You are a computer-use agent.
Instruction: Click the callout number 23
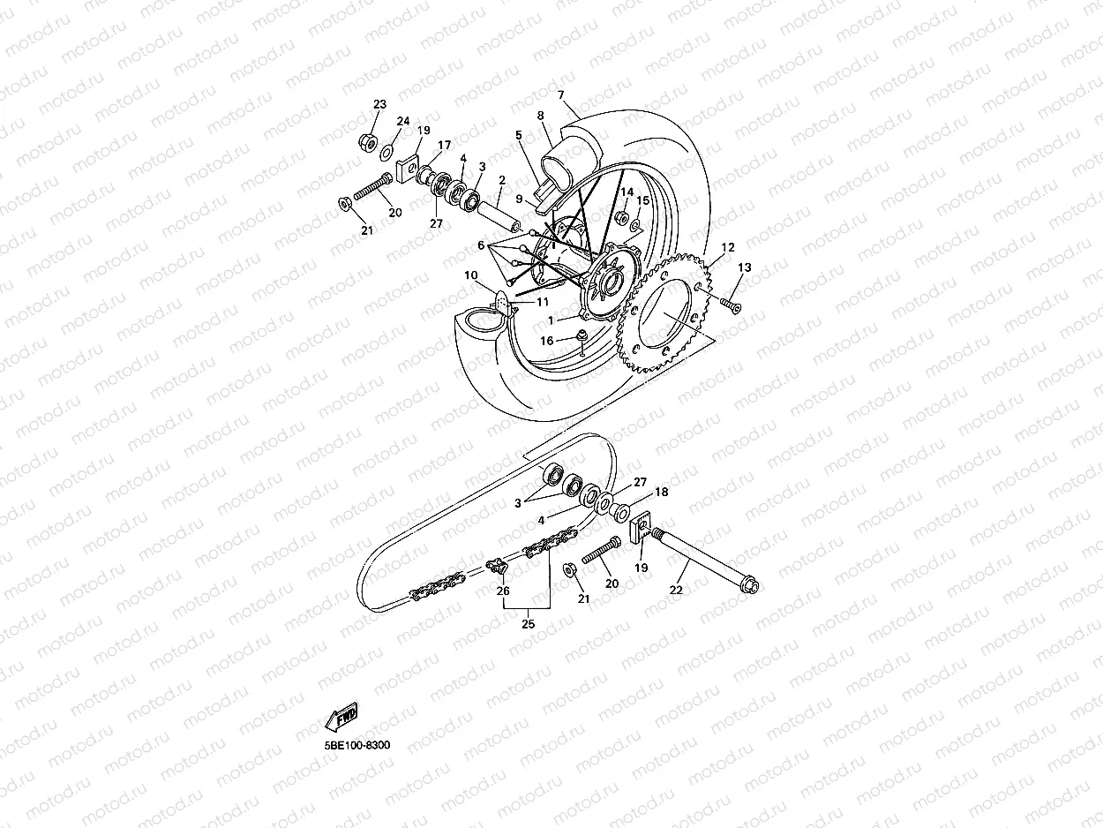(379, 104)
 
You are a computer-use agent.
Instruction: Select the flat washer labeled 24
(387, 154)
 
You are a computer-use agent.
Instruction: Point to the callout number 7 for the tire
(560, 94)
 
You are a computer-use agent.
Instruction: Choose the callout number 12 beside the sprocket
(728, 247)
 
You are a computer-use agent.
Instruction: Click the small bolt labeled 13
(729, 303)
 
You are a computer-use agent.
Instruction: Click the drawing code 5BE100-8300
(356, 745)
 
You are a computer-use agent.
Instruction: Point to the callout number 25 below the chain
(528, 624)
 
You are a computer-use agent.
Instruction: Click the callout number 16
(547, 341)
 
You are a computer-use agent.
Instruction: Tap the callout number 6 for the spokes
(481, 245)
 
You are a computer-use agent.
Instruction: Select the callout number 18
(661, 493)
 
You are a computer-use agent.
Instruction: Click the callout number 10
(471, 275)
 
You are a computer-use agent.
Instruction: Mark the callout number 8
(540, 116)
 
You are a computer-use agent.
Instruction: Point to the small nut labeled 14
(621, 217)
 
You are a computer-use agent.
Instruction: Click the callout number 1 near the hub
(551, 320)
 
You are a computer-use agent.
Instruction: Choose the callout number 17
(444, 145)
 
